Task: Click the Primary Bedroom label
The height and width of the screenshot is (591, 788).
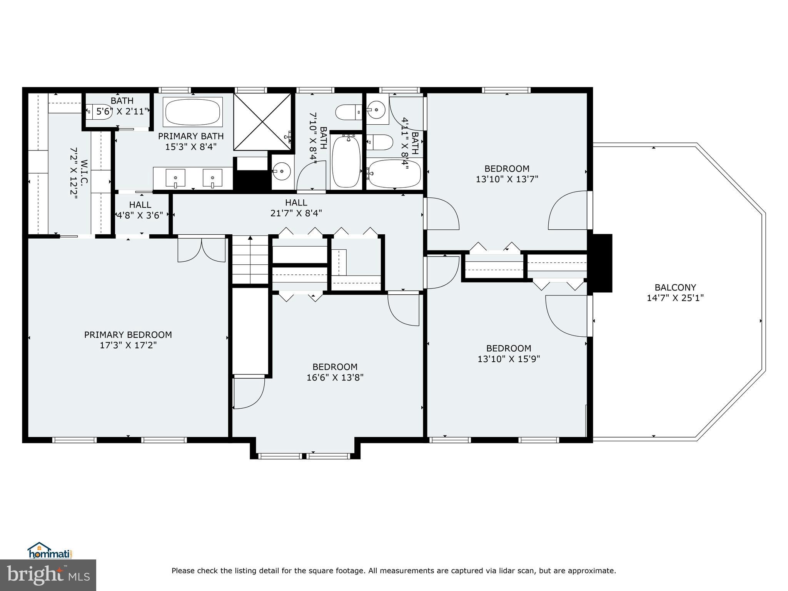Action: click(128, 335)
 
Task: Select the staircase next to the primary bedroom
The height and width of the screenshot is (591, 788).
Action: click(250, 260)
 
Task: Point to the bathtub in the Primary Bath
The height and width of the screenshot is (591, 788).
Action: click(193, 112)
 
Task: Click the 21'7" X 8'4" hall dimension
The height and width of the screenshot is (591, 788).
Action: click(296, 213)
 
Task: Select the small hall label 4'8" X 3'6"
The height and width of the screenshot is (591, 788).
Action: click(140, 215)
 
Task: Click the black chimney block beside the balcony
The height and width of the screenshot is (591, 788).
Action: click(601, 263)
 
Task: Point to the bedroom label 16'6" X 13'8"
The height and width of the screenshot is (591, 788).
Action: click(335, 377)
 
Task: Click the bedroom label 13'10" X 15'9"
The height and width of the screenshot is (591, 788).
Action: click(509, 359)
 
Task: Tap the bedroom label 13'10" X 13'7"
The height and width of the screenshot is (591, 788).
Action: click(507, 179)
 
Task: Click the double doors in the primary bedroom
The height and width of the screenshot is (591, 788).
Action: click(201, 250)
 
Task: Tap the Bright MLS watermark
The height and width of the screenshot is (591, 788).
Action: click(48, 575)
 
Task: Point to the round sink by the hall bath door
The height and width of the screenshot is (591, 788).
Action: click(283, 170)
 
